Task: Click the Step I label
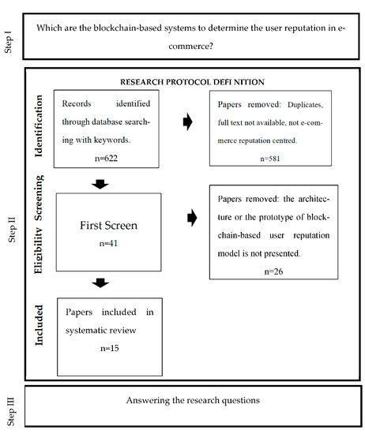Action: click(10, 36)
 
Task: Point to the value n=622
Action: click(100, 157)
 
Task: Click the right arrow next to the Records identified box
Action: click(186, 123)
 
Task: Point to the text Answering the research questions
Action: click(193, 401)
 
